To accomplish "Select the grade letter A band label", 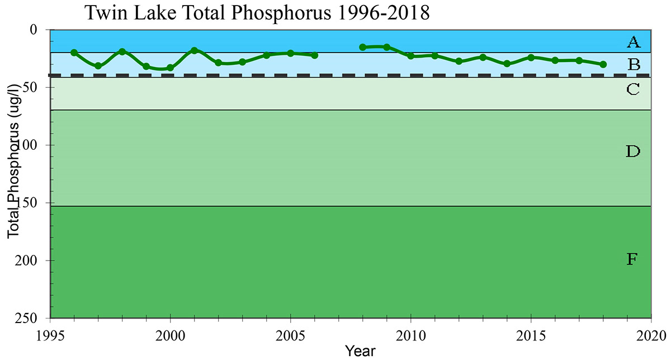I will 633,41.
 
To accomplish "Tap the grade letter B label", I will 634,64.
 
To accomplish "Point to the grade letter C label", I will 633,89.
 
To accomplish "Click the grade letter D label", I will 633,151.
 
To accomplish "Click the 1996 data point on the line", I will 74,53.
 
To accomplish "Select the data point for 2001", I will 195,50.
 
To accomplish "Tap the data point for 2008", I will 363,47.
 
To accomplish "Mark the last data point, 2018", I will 603,64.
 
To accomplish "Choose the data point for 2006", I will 315,55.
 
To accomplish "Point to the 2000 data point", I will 171,68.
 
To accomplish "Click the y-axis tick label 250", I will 37,318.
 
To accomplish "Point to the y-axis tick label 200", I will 37,260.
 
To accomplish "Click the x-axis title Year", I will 360,351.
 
